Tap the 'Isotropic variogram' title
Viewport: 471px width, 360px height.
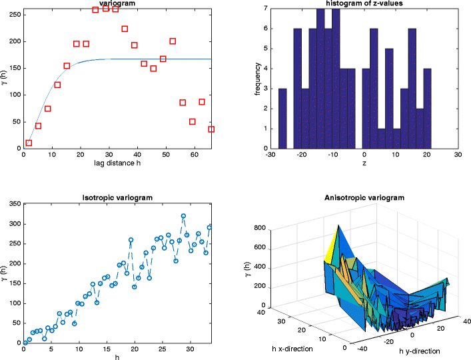pyautogui.click(x=117, y=197)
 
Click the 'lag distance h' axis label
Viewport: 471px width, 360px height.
pyautogui.click(x=117, y=163)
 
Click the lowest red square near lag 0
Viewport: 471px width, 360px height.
pyautogui.click(x=28, y=143)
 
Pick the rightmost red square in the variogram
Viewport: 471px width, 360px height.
pyautogui.click(x=211, y=129)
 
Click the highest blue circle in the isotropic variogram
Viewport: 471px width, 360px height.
pyautogui.click(x=183, y=216)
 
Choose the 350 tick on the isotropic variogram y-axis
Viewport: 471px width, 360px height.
pyautogui.click(x=14, y=203)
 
